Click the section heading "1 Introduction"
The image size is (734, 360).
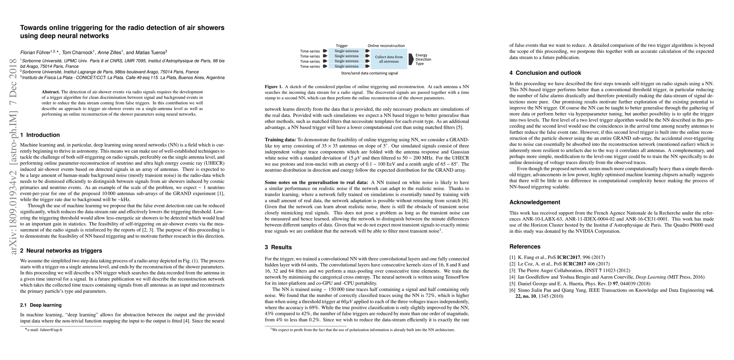coord(40,135)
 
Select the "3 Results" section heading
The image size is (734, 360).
coord(278,247)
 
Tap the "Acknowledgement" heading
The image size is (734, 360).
coord(535,202)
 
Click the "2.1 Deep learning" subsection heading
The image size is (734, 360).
coord(41,305)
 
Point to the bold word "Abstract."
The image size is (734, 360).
coord(51,92)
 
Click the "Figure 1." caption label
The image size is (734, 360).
coord(273,87)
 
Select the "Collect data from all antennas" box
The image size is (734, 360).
coord(389,59)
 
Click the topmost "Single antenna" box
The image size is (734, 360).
coord(346,51)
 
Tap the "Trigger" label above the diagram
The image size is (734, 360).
coord(342,46)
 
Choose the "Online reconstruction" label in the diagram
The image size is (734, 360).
coord(386,46)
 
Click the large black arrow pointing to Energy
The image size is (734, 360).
coord(411,59)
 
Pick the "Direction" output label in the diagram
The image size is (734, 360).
coord(423,59)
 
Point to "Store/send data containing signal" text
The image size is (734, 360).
coord(369,73)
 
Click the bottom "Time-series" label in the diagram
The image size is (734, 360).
coord(310,66)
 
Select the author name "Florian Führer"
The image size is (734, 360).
coord(35,53)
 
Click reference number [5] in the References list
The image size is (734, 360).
coord(512,283)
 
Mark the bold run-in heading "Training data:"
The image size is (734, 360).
coord(280,140)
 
